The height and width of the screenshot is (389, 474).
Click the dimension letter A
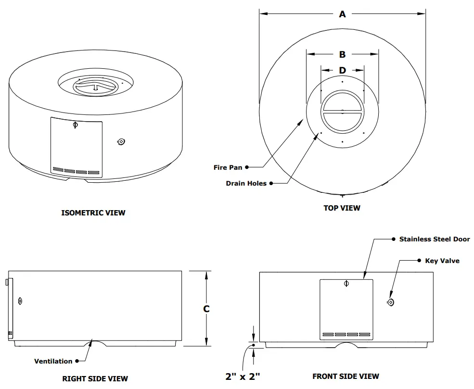pos(342,14)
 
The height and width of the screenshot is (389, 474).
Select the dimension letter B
pos(342,54)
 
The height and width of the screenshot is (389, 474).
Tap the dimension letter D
pos(342,71)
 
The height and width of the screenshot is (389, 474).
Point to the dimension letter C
pos(206,309)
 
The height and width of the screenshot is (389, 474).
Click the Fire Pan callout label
pos(228,168)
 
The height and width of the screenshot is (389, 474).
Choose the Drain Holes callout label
pos(246,183)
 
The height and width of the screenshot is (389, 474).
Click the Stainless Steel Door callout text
pos(434,239)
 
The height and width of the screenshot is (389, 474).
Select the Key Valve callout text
pos(442,261)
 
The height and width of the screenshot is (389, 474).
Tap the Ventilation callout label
pos(53,361)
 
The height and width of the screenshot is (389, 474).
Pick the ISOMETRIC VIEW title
pos(93,213)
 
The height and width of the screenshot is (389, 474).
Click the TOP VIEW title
pos(342,208)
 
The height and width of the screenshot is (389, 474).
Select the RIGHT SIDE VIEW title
pos(95,378)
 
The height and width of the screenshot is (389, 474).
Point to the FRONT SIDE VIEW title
pos(346,376)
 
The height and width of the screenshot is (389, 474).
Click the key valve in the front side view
pos(390,302)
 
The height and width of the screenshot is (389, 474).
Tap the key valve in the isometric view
pos(121,142)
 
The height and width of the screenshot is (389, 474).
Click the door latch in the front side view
pos(346,284)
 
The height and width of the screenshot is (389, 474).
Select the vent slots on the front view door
pos(346,334)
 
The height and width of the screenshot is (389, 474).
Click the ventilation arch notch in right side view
pos(94,342)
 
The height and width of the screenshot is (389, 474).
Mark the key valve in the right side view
pos(20,301)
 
